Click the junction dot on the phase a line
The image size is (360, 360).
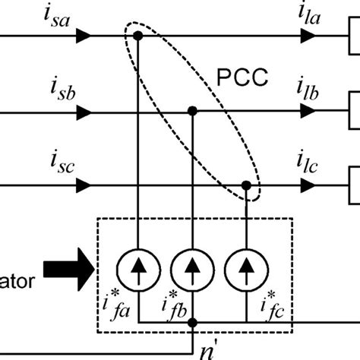click(137, 36)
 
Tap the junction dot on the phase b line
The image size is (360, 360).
click(193, 112)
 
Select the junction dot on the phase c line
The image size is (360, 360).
click(247, 185)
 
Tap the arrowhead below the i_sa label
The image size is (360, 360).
click(85, 36)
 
